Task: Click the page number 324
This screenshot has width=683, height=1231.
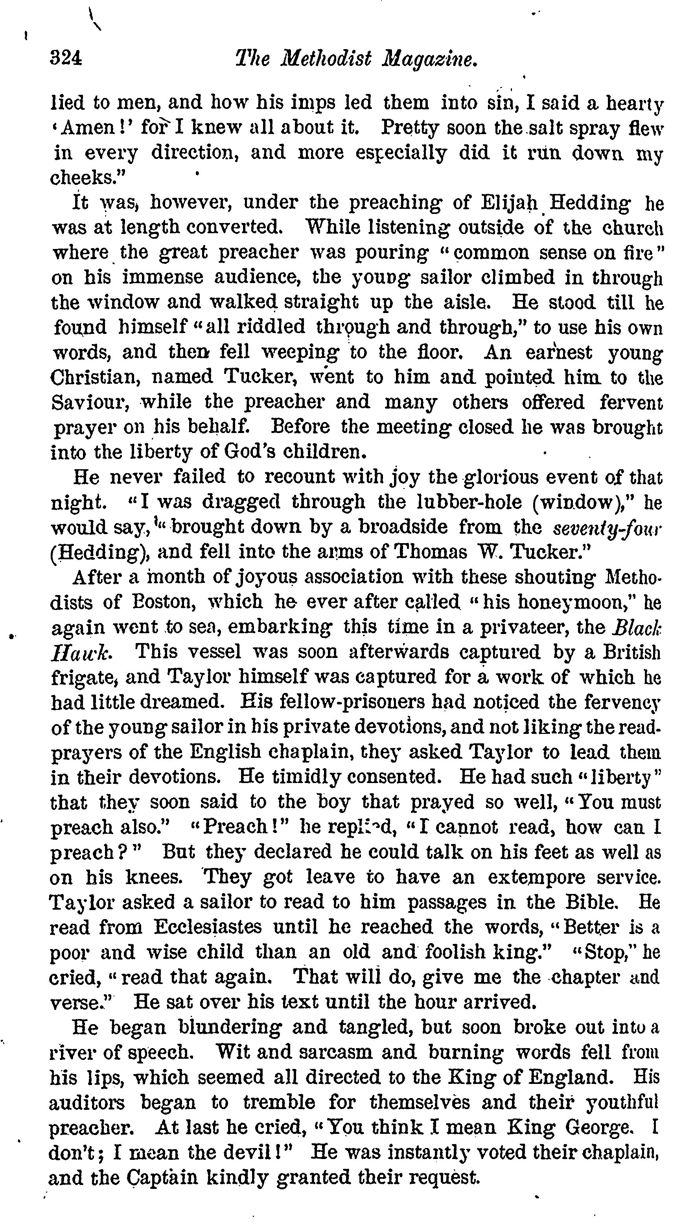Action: point(66,58)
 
